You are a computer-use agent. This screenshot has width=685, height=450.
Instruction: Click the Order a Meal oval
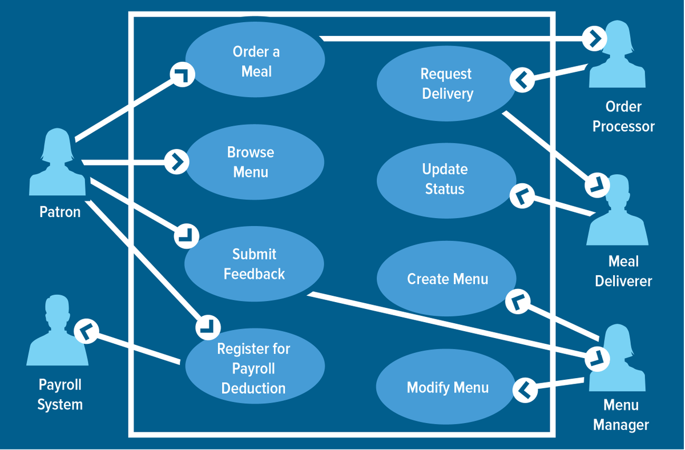pos(255,61)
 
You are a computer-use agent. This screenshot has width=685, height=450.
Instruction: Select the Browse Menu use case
pos(252,162)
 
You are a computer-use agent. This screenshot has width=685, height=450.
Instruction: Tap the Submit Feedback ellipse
pos(254,264)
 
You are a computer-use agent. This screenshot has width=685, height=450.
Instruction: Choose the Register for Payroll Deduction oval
pos(254,368)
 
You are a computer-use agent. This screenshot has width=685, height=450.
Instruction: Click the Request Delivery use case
pos(446,83)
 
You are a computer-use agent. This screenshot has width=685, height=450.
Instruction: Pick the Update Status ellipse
pos(445,179)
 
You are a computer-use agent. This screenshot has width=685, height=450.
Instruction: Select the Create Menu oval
pos(447,279)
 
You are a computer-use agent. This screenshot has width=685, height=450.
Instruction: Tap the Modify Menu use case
pos(447,387)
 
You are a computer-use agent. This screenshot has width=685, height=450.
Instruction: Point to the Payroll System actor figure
pos(57,331)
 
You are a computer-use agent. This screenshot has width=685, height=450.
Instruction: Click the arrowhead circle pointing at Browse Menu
pos(176,162)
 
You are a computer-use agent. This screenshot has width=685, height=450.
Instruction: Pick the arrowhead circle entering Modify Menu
pos(525,391)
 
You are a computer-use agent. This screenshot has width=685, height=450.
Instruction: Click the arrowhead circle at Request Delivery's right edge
pos(522,80)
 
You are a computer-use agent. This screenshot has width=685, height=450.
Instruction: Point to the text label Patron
pos(60,212)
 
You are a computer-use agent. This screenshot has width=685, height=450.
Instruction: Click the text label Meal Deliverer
pos(623,271)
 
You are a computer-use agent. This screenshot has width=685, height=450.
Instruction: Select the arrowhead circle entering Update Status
pos(521,196)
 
